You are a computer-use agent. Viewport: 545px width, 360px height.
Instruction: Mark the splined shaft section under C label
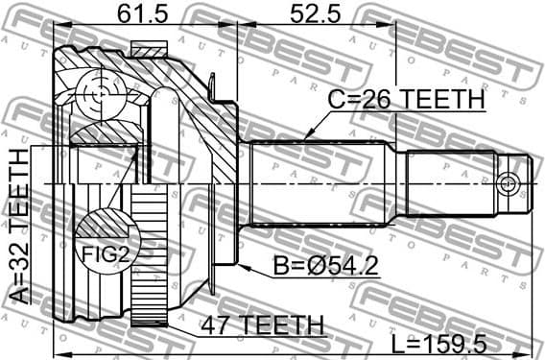pyautogui.click(x=317, y=182)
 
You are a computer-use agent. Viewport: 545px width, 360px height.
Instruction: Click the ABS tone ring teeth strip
pyautogui.click(x=148, y=259)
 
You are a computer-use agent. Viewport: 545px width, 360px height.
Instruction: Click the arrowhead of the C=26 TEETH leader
pyautogui.click(x=304, y=141)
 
